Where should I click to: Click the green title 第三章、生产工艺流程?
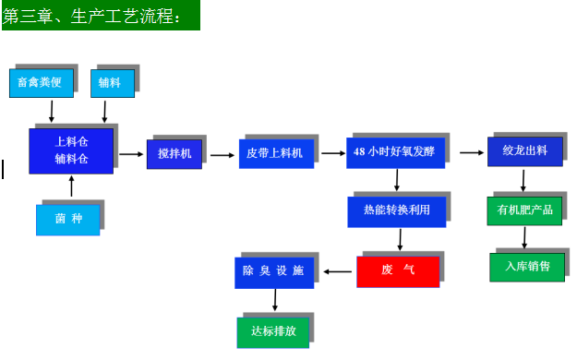pyautogui.click(x=99, y=16)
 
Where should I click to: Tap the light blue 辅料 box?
pyautogui.click(x=115, y=83)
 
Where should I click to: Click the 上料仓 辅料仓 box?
pyautogui.click(x=71, y=150)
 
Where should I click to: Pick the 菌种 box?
pyautogui.click(x=67, y=219)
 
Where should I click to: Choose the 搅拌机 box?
pyautogui.click(x=174, y=153)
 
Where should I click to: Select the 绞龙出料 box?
pyautogui.click(x=524, y=151)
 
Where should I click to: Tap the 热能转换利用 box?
pyautogui.click(x=397, y=211)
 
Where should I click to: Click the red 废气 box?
pyautogui.click(x=398, y=270)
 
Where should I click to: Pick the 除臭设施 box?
pyautogui.click(x=273, y=271)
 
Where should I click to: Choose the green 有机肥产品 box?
pyautogui.click(x=524, y=210)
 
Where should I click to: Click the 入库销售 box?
pyautogui.click(x=527, y=267)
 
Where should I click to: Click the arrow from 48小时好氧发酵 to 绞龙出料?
pyautogui.click(x=471, y=152)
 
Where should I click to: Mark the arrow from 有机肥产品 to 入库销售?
pyautogui.click(x=524, y=238)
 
